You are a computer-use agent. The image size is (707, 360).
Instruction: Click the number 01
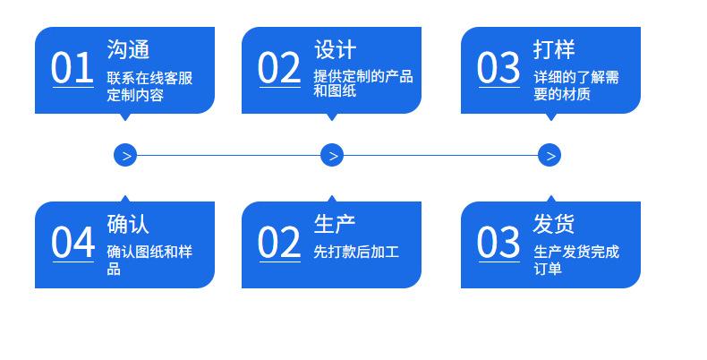coord(72,68)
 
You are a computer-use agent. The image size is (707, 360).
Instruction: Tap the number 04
coord(73,243)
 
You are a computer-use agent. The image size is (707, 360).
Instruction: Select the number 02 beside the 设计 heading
coord(279,68)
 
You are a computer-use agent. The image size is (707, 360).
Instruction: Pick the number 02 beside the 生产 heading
coord(279,243)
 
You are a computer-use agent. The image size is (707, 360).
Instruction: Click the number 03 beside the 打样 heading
coord(498,68)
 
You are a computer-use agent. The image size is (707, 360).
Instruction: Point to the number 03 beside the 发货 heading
coord(498,243)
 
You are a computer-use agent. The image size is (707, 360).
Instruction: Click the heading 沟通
coord(128,49)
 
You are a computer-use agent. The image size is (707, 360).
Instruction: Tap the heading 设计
coord(335,49)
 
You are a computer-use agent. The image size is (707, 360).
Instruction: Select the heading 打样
coord(554,49)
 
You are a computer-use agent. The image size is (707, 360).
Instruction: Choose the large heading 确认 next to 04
coord(128,224)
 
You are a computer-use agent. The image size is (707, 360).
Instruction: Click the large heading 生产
coord(335,224)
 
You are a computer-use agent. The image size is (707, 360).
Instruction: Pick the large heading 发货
coord(554,224)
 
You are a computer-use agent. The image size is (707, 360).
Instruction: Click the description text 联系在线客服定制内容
coord(149,86)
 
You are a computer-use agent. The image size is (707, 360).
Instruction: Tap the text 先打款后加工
coord(356,252)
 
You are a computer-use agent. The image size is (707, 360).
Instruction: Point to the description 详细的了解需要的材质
coord(576,86)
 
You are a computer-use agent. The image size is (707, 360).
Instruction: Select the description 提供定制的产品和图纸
coord(363,83)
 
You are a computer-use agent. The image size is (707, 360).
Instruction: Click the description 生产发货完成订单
coord(576,261)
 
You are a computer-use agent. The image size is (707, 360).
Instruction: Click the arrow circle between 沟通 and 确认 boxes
coord(125,155)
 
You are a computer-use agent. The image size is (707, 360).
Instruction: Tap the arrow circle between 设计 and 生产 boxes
coord(332,155)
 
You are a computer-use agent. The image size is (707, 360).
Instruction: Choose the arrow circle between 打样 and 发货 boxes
coord(549,155)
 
